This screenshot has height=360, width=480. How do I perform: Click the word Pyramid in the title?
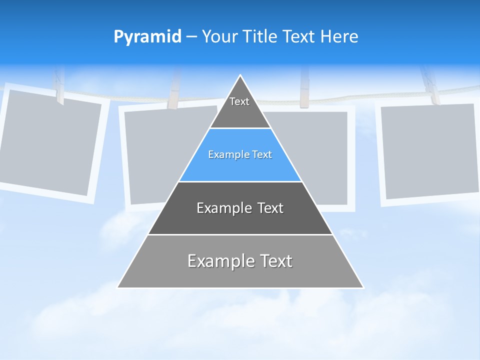(x=147, y=37)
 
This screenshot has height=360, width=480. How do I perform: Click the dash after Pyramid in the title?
(x=191, y=37)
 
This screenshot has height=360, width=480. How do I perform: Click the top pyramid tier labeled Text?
(x=239, y=107)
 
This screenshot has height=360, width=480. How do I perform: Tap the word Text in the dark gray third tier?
(x=267, y=208)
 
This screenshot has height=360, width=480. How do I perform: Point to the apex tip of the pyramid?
(x=240, y=76)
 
